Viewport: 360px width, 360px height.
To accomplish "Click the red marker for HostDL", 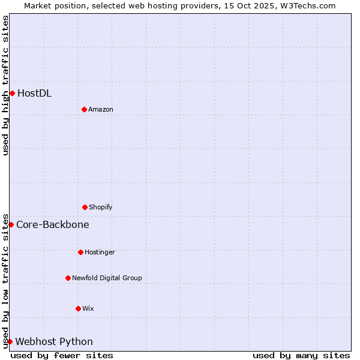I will point(12,93).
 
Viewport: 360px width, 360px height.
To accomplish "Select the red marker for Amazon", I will point(84,109).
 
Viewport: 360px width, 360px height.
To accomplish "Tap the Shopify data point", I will point(85,207).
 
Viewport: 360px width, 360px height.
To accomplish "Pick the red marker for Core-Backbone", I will point(11,224).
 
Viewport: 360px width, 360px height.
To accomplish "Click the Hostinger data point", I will point(80,252).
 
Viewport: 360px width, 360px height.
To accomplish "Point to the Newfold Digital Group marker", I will point(68,278).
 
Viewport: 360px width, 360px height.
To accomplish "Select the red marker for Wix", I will point(78,308).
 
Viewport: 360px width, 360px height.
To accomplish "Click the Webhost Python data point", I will point(10,341).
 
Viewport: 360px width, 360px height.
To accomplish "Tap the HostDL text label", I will point(34,93).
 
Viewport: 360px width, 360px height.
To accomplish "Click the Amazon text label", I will point(101,109).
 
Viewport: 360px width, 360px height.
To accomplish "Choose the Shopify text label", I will point(101,207).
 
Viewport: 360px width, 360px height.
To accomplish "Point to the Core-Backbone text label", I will point(53,224).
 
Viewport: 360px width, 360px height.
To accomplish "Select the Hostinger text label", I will point(100,252).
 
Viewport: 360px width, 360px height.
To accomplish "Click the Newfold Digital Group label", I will point(107,278).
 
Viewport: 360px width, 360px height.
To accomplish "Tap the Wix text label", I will point(88,308).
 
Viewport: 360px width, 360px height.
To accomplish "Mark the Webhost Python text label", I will point(54,341).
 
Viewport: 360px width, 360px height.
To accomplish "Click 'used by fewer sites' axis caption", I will point(62,355).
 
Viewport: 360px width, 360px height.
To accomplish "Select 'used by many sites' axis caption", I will point(301,355).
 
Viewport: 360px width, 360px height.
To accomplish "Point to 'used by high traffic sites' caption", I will point(5,85).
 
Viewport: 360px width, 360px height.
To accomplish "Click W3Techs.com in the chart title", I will point(307,5).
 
